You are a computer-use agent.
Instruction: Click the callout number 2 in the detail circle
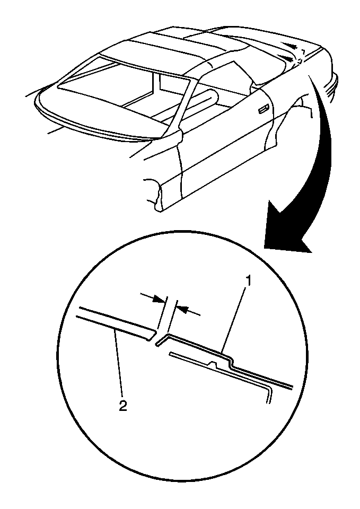(122, 406)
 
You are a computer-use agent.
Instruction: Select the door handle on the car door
(264, 110)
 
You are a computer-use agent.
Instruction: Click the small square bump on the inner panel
(214, 363)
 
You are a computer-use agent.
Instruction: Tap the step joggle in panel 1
(232, 362)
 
